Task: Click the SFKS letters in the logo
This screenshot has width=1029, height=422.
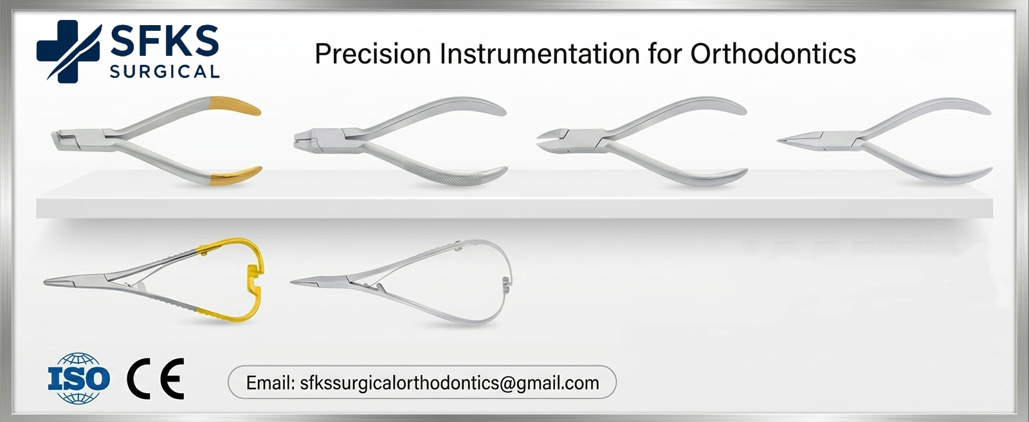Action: click(164, 42)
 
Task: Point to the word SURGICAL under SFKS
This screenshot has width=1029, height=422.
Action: click(164, 71)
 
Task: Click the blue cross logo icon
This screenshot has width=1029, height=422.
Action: click(68, 51)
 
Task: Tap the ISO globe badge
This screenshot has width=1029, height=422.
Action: click(78, 378)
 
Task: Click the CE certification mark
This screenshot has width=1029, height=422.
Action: click(156, 378)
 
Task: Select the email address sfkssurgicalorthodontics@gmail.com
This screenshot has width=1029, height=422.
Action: click(449, 383)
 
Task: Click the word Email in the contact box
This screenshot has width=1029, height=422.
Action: click(269, 383)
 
